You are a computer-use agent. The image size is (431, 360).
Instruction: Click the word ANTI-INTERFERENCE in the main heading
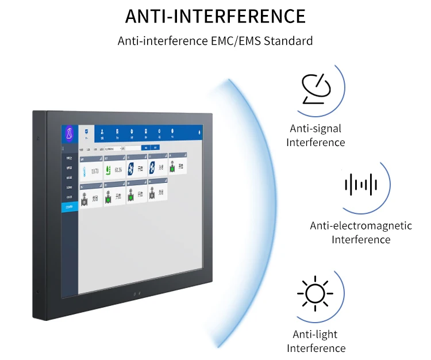coord(215,16)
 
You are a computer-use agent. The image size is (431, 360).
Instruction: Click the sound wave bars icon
coord(360,185)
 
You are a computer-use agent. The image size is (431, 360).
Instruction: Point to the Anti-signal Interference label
coord(315,136)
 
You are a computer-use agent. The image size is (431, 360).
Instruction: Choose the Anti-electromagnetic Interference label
coord(361,232)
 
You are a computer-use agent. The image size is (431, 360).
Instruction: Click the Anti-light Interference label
coord(315,341)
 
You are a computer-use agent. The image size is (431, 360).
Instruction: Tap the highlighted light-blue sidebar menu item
coord(70,206)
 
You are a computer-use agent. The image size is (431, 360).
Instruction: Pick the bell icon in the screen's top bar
coord(199,132)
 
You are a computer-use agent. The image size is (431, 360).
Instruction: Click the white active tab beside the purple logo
coord(86,134)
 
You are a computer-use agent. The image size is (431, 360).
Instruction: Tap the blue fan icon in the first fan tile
coord(130,167)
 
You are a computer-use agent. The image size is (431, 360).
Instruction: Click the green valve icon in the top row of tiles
coord(173,167)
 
